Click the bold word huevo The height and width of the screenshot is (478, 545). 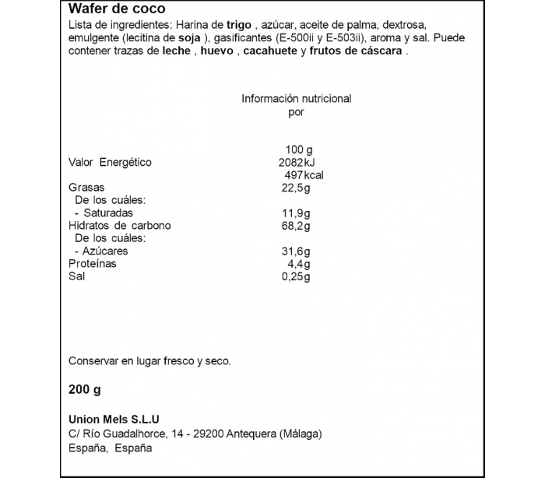pyautogui.click(x=218, y=51)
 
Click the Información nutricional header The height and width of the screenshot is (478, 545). pyautogui.click(x=296, y=99)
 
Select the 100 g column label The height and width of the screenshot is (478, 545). pyautogui.click(x=298, y=149)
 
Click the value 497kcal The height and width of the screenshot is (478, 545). pyautogui.click(x=304, y=175)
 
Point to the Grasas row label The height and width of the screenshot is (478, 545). pyautogui.click(x=86, y=188)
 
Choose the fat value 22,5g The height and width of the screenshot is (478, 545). pyautogui.click(x=296, y=188)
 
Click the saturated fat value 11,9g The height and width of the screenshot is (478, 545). pyautogui.click(x=296, y=213)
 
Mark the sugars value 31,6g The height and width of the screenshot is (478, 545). pyautogui.click(x=296, y=251)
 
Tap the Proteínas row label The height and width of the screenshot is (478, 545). pyautogui.click(x=93, y=264)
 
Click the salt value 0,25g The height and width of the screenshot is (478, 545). pyautogui.click(x=296, y=276)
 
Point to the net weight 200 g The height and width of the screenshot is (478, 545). pyautogui.click(x=85, y=389)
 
